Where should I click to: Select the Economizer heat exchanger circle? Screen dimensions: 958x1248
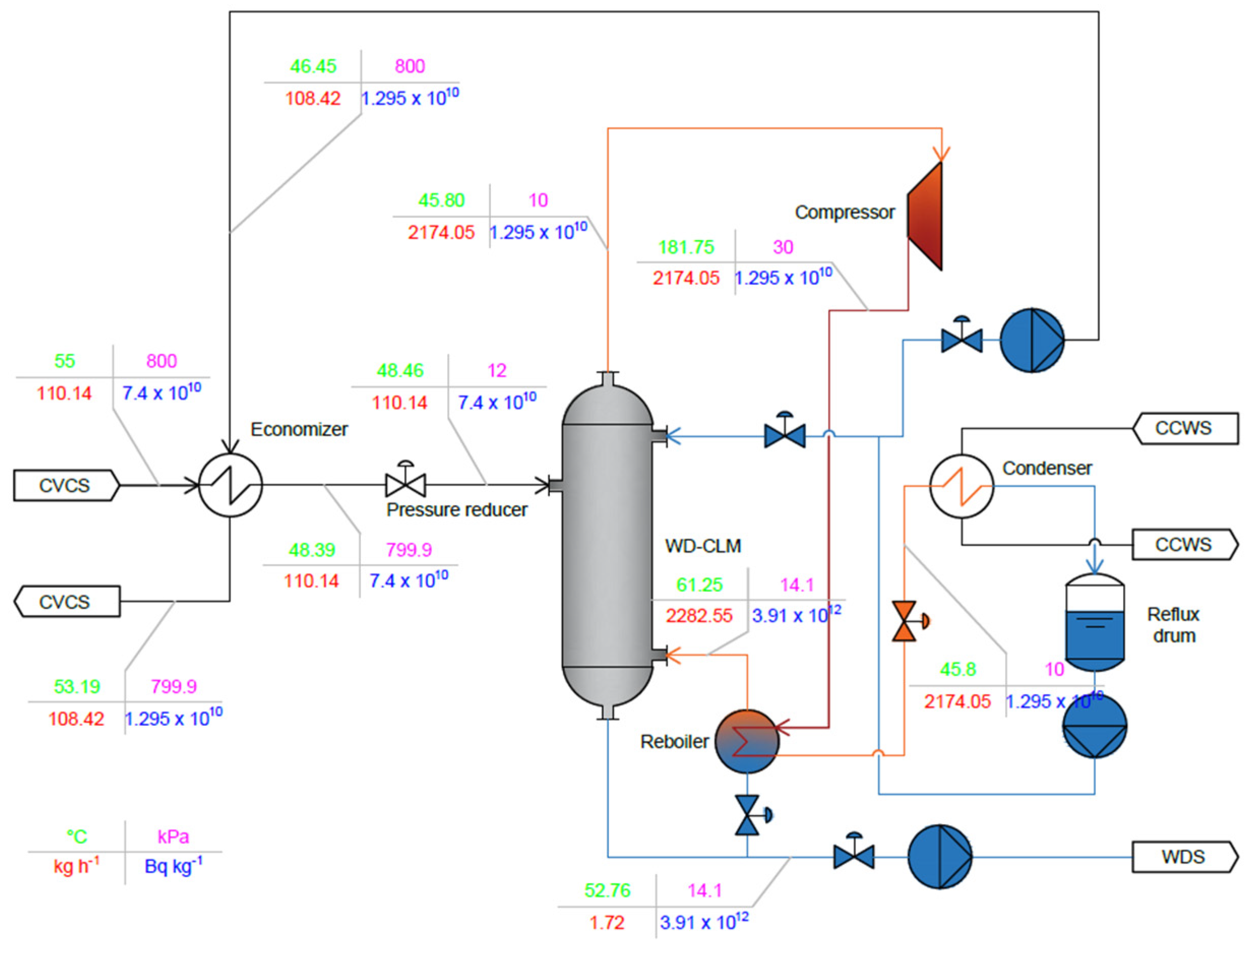(x=230, y=485)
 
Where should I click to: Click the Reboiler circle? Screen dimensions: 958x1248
(x=746, y=741)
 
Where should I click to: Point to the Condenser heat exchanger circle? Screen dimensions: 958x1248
(x=962, y=486)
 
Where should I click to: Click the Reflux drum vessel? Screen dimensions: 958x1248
(x=1095, y=622)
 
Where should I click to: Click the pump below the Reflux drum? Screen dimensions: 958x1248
(x=1095, y=726)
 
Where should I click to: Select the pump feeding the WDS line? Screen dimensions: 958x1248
(x=940, y=856)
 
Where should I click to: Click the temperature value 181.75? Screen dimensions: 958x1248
(x=685, y=247)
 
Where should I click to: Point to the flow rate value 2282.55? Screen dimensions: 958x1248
(x=699, y=616)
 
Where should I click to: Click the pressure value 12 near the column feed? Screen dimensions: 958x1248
(x=497, y=371)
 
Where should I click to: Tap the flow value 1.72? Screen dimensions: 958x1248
(x=607, y=922)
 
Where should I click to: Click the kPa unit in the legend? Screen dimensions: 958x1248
(x=173, y=837)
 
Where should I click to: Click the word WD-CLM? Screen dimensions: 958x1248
(x=702, y=546)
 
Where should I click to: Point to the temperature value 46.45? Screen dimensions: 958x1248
(x=313, y=66)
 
